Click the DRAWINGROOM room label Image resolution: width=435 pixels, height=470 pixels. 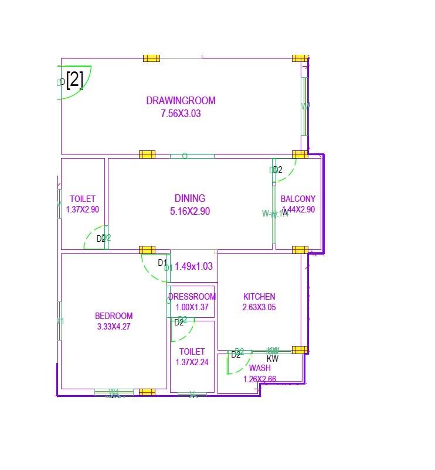[181, 101]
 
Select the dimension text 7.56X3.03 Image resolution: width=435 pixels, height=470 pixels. [181, 114]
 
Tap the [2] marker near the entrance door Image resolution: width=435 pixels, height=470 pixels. [74, 80]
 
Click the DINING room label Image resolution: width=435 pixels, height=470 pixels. [190, 198]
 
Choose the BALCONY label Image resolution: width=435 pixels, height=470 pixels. [298, 199]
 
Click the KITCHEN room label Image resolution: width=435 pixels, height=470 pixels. [259, 297]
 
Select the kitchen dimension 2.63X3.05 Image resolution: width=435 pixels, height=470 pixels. [259, 307]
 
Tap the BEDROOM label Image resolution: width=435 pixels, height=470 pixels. [114, 316]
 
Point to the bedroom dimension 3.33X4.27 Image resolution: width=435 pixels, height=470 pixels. [114, 327]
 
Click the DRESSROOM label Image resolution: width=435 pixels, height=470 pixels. [192, 297]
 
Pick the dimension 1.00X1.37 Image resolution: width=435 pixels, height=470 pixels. [192, 307]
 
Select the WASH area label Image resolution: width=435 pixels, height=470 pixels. [260, 368]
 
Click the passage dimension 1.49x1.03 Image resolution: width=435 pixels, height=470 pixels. [193, 266]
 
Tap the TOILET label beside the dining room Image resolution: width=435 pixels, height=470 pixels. [83, 199]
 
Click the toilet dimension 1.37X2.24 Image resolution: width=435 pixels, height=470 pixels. [192, 362]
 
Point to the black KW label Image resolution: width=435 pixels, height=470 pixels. [273, 359]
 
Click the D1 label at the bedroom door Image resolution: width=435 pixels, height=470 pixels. [162, 263]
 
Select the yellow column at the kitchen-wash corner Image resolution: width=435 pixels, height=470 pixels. [300, 350]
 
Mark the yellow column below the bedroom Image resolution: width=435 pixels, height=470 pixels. [147, 392]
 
